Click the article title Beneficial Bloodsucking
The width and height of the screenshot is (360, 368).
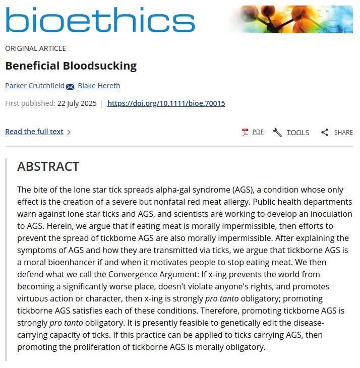pyautogui.click(x=71, y=66)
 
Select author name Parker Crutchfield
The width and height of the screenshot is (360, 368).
pyautogui.click(x=35, y=86)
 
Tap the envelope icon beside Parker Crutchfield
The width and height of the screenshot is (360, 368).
pyautogui.click(x=70, y=86)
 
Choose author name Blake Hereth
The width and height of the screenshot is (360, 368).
pyautogui.click(x=99, y=86)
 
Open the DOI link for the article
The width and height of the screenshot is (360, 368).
pyautogui.click(x=166, y=103)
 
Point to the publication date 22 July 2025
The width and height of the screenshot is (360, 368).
pyautogui.click(x=76, y=103)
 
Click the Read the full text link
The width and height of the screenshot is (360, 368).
pyautogui.click(x=34, y=132)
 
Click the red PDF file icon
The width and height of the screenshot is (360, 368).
pyautogui.click(x=245, y=132)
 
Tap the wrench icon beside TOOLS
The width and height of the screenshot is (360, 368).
pyautogui.click(x=277, y=132)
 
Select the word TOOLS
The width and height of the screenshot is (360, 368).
pyautogui.click(x=297, y=132)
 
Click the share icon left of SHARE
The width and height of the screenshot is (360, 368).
pyautogui.click(x=325, y=132)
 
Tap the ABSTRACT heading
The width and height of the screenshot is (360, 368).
pyautogui.click(x=48, y=166)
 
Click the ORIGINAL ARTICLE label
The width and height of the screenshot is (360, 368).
pyautogui.click(x=35, y=48)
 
